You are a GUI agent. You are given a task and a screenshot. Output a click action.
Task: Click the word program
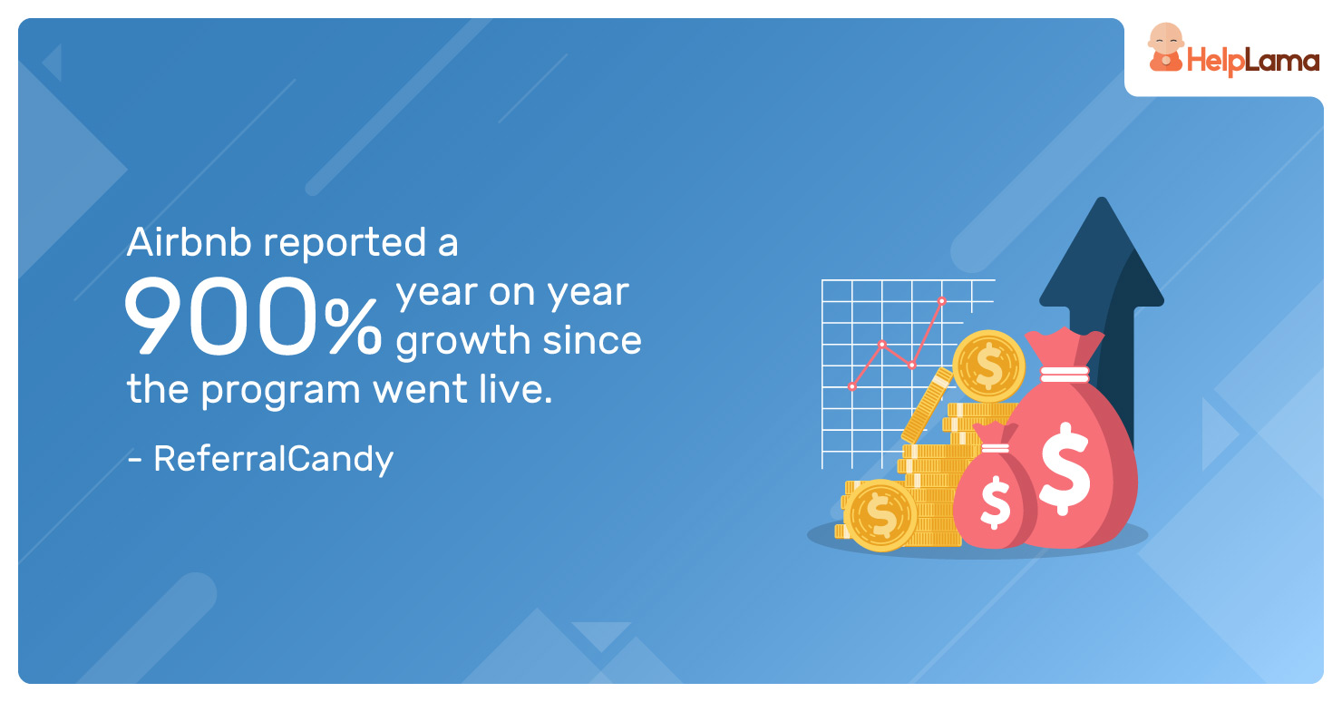point(280,392)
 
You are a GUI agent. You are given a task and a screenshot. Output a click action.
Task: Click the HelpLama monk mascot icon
point(1165,48)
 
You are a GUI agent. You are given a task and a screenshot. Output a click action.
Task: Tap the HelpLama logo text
point(1252,61)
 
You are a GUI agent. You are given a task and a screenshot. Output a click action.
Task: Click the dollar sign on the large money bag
point(1065,468)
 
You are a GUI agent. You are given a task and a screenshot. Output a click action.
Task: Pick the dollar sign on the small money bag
point(995,502)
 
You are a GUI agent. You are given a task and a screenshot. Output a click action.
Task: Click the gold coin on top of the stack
point(988,366)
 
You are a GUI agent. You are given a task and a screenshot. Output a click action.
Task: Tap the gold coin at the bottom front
point(880,515)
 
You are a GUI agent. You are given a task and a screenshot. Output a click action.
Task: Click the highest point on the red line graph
point(942,301)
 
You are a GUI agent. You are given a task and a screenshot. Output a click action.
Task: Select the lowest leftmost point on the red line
point(852,387)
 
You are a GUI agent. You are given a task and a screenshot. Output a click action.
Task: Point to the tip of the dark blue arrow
point(1101,199)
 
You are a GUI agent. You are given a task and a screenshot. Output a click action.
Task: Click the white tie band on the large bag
point(1065,375)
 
